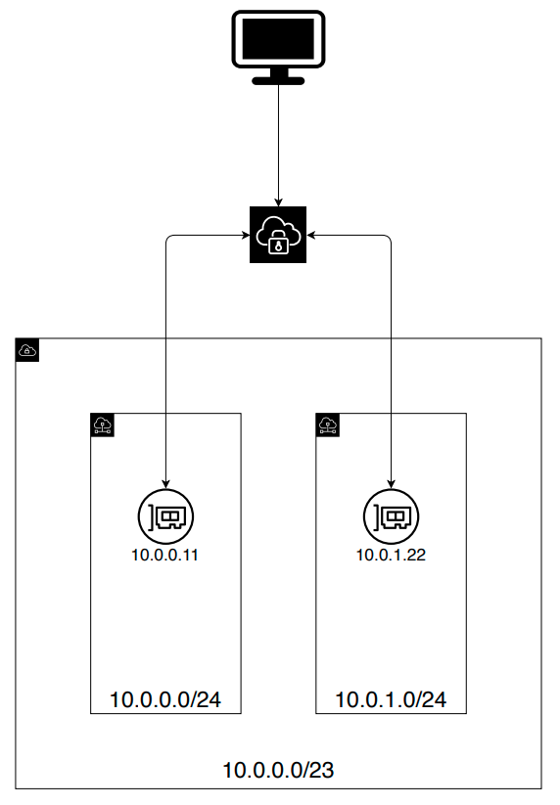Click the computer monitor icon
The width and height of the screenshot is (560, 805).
pos(278,47)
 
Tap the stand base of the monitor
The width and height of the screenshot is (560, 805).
pos(278,80)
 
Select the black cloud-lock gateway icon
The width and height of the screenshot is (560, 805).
pos(278,235)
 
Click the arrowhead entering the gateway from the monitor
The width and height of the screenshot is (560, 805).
pos(278,202)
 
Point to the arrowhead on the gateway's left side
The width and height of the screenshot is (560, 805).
pos(246,236)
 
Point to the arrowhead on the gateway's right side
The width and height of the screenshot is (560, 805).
pos(310,236)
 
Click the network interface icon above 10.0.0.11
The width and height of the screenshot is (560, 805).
pos(165,516)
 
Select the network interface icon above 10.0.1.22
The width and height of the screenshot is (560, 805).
pos(391,516)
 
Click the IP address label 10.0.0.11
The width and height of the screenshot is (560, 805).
pos(164,555)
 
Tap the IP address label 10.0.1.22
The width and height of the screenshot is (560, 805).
pos(391,555)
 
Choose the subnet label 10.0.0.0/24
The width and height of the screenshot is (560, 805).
pos(165,699)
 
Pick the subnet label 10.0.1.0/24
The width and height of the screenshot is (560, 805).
pos(391,699)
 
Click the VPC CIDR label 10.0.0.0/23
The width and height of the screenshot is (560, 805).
pos(278,770)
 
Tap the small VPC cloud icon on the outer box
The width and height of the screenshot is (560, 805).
pos(27,350)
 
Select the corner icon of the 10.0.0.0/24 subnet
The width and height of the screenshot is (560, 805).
pos(102,425)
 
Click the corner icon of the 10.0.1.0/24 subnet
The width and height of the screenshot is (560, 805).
pos(328,425)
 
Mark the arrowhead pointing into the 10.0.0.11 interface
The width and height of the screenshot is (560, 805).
pos(165,484)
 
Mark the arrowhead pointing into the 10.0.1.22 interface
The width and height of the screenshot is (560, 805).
pos(391,484)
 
